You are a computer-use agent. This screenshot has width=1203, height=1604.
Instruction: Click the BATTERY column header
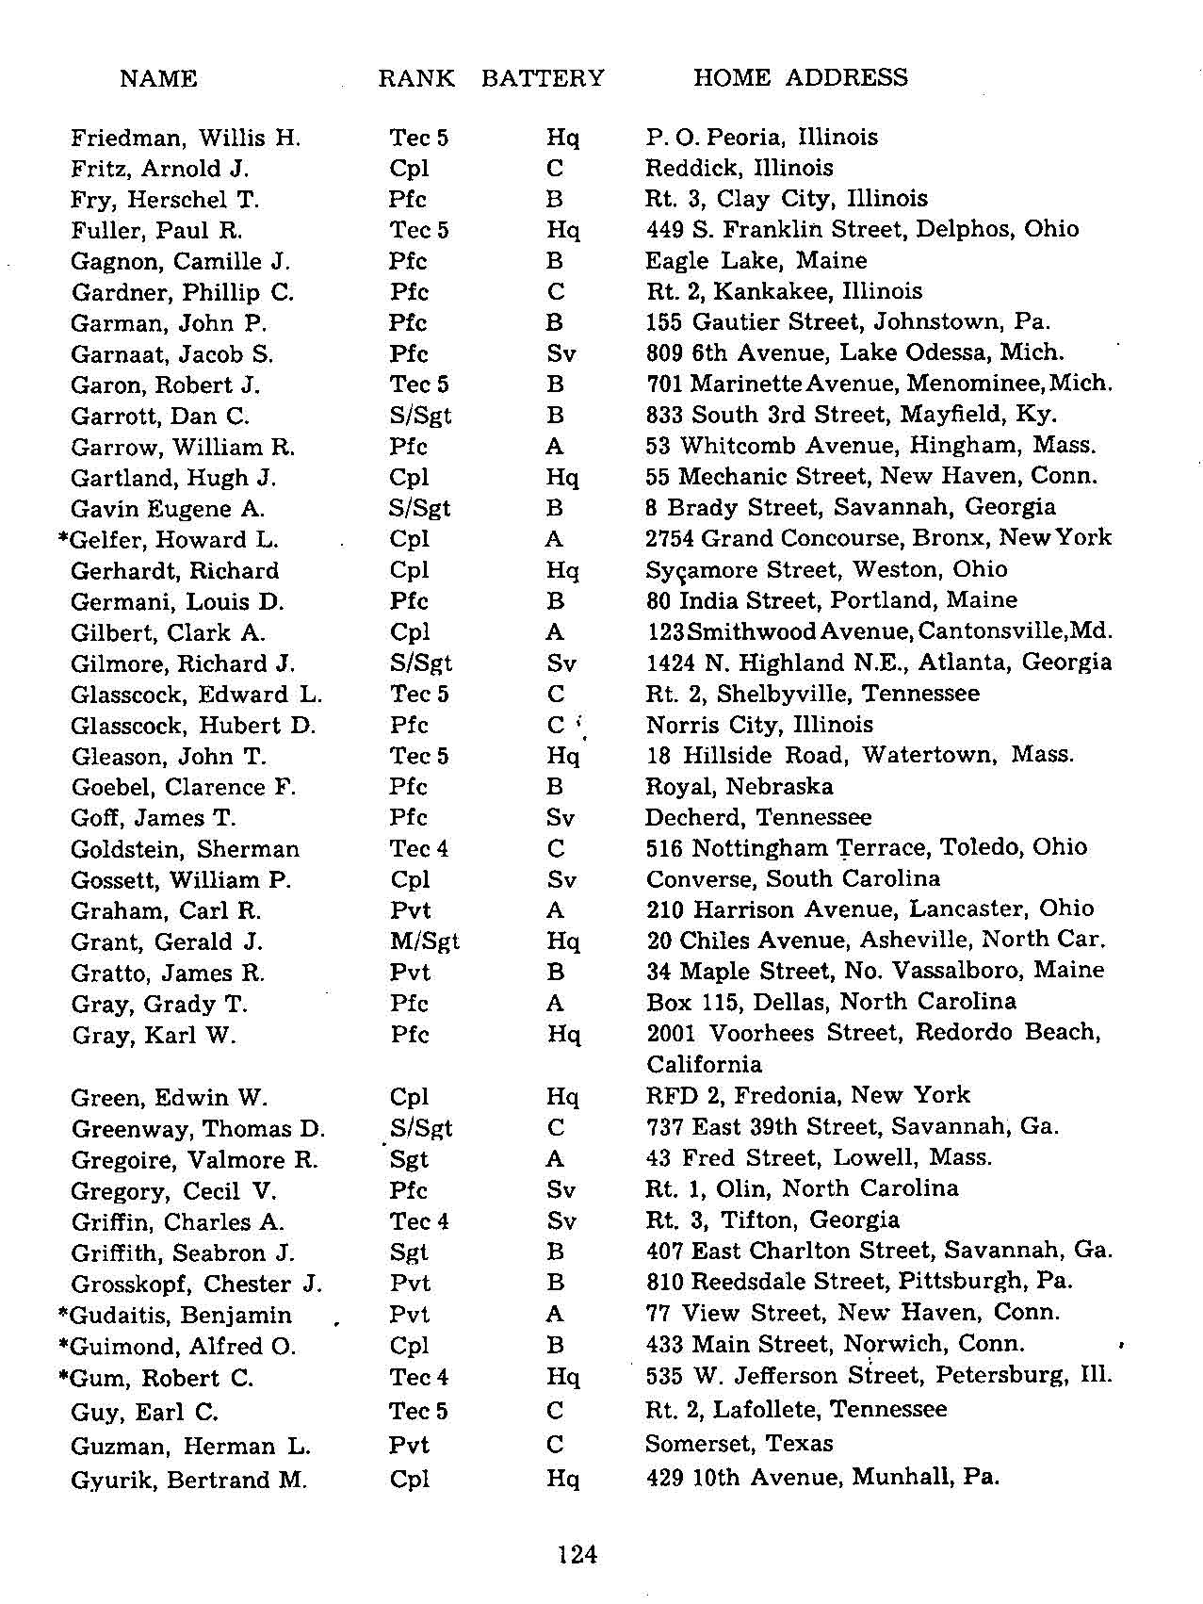[543, 78]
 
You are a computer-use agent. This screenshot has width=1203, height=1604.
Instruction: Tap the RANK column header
[416, 78]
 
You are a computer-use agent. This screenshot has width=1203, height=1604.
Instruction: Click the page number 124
[577, 1554]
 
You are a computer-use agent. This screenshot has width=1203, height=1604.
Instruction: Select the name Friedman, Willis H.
[186, 139]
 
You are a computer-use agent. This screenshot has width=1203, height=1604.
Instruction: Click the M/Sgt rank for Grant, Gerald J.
[424, 941]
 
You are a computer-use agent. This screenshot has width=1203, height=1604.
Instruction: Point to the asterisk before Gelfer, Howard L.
[63, 538]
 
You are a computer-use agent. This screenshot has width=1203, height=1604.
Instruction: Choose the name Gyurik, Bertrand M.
[188, 1480]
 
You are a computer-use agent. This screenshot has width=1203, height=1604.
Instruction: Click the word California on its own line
[704, 1064]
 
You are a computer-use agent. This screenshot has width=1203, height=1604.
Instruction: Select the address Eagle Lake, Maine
[756, 260]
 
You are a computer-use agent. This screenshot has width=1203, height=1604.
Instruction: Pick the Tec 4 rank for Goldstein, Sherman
[419, 848]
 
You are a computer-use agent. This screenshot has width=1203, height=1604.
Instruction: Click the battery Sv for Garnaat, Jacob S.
[561, 354]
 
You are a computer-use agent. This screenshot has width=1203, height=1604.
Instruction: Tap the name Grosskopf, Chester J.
[197, 1285]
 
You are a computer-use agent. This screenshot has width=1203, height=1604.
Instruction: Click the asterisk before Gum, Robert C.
[63, 1376]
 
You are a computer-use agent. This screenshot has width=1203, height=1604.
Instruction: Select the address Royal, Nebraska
[740, 786]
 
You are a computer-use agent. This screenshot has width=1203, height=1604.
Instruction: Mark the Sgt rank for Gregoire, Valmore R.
[409, 1159]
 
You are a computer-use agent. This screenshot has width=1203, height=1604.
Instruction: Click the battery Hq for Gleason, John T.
[562, 756]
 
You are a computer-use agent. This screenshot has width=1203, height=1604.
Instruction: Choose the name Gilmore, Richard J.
[183, 663]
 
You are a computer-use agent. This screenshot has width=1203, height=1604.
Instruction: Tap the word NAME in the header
[158, 78]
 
